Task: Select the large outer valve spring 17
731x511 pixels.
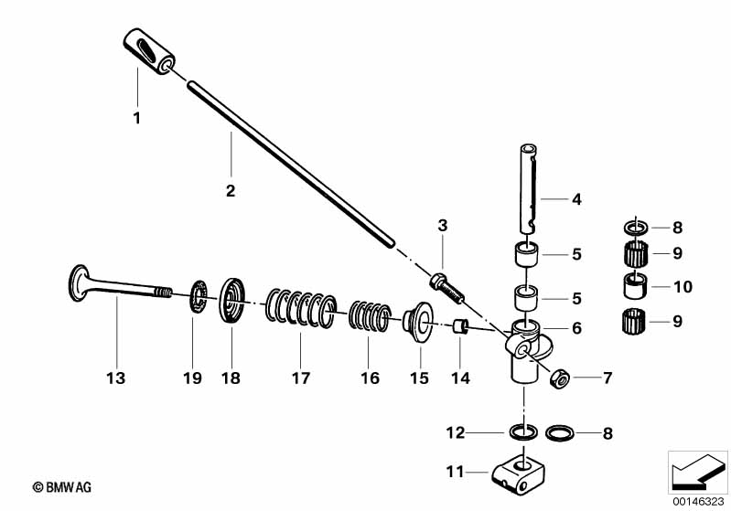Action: [x=298, y=306]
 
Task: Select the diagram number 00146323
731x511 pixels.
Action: [x=698, y=501]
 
